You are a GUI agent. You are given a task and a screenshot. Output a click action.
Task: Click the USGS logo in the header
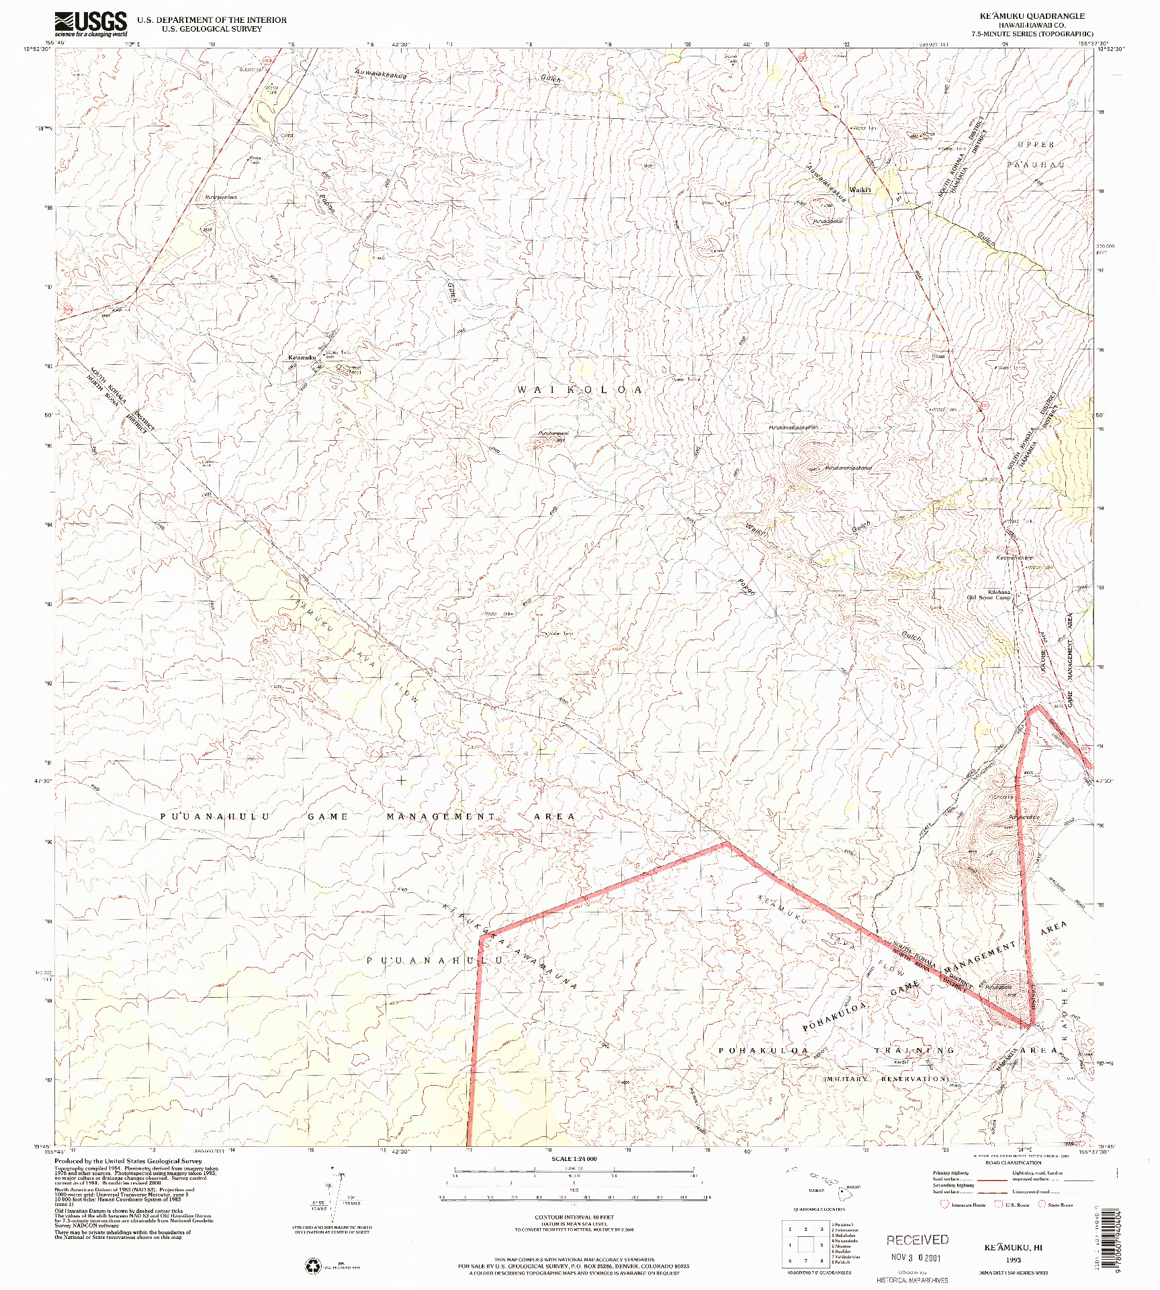coord(91,24)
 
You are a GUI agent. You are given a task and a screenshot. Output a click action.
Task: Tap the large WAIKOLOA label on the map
coord(579,390)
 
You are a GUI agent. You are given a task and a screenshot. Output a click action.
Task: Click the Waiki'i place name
coord(860,190)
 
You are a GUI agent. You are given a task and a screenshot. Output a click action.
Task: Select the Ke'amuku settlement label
coord(302,357)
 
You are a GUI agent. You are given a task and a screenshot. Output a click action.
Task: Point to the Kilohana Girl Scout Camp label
coord(989,595)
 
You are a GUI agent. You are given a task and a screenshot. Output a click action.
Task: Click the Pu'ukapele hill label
coord(998,987)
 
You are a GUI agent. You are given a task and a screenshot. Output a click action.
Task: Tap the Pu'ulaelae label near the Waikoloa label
coord(553,433)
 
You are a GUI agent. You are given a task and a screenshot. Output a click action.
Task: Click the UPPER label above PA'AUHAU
coord(1035,144)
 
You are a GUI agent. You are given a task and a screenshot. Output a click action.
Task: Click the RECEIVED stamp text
coord(917,1240)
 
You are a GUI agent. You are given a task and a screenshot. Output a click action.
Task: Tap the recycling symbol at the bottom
coord(314,1266)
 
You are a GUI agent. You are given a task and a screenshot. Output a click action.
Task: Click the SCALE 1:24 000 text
coord(574,1158)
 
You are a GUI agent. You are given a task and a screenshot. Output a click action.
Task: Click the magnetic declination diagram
coord(334,1195)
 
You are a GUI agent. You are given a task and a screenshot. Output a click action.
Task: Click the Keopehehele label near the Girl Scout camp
coord(1014,558)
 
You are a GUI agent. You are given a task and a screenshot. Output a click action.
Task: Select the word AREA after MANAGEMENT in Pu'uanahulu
coord(554,816)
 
